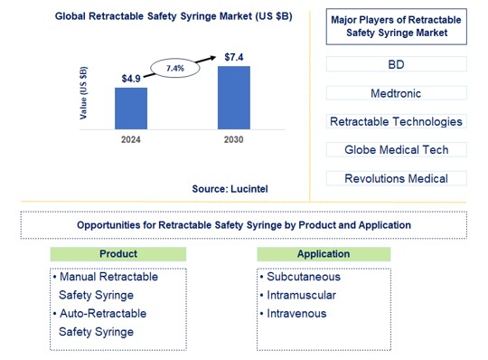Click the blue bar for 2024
(x=131, y=108)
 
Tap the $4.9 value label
(x=131, y=79)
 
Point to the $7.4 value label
(x=234, y=57)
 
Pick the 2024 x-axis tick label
(x=131, y=141)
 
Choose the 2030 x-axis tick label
(x=234, y=141)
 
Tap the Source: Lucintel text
(x=230, y=188)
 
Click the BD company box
(x=396, y=64)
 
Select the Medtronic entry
(x=396, y=93)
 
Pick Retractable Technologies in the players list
(x=396, y=121)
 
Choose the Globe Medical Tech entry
(x=396, y=149)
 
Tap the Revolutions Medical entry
(x=396, y=178)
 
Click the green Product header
(x=117, y=254)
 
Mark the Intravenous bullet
(x=297, y=313)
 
